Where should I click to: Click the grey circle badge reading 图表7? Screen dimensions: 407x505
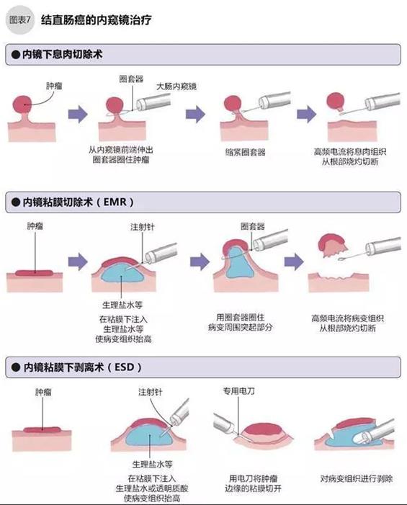click(20, 20)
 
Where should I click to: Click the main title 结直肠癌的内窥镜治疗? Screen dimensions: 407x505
click(96, 20)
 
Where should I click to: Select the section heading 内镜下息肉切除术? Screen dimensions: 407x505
click(62, 54)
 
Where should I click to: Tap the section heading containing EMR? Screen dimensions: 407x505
click(78, 202)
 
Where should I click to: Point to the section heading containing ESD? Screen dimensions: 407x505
click(82, 367)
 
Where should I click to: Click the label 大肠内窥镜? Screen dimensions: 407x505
click(176, 86)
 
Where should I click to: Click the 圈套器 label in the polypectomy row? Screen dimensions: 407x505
click(131, 79)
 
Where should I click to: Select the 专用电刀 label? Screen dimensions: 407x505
click(238, 391)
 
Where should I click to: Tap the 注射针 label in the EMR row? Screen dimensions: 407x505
click(143, 227)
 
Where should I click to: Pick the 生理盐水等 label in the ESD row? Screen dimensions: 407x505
click(152, 464)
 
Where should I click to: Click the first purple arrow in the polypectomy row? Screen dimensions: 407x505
click(78, 114)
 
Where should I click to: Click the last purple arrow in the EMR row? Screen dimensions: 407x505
click(294, 262)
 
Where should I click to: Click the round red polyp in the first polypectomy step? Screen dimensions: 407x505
click(22, 104)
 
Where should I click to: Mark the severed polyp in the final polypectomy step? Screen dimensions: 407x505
click(336, 101)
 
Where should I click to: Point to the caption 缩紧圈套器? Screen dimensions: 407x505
click(246, 152)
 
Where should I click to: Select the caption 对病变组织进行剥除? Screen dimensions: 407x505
click(357, 478)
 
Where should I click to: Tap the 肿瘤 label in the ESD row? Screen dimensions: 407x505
click(43, 392)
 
